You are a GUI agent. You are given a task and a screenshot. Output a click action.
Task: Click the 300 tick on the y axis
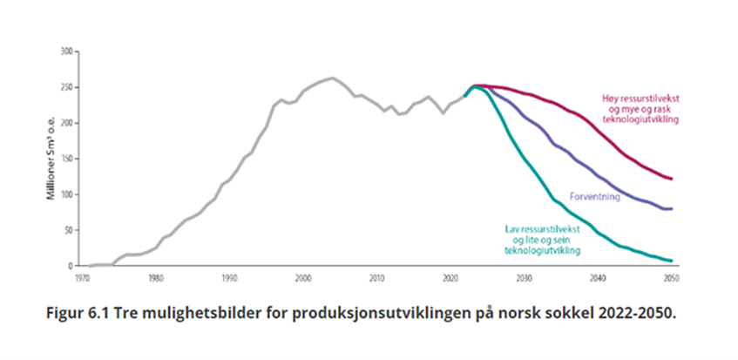pyautogui.click(x=63, y=51)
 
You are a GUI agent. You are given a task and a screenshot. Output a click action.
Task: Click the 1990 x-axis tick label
pyautogui.click(x=229, y=278)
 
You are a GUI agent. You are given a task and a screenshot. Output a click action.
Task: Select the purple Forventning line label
pyautogui.click(x=594, y=197)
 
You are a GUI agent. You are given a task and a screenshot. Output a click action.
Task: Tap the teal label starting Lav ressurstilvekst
pyautogui.click(x=543, y=239)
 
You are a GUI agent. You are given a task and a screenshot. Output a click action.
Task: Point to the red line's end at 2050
pyautogui.click(x=672, y=179)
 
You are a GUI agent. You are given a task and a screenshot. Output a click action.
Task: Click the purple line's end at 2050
pyautogui.click(x=672, y=209)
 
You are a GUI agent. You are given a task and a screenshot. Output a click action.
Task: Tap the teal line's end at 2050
pyautogui.click(x=672, y=261)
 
